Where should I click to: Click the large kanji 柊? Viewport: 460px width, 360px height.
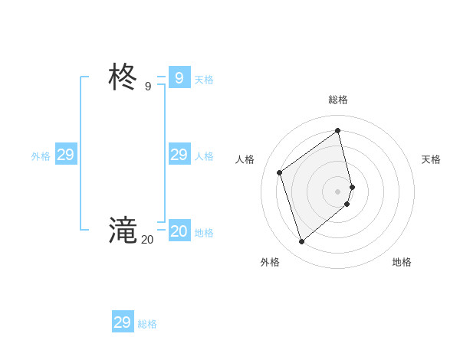(123, 77)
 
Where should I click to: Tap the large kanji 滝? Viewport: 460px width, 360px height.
(123, 230)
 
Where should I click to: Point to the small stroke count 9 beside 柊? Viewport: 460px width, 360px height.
(148, 87)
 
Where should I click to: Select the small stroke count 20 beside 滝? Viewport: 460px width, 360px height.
(147, 240)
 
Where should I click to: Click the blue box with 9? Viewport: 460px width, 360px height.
(179, 77)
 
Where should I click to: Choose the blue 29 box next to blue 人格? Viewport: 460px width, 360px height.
(179, 155)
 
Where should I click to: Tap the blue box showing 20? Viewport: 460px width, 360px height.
(179, 231)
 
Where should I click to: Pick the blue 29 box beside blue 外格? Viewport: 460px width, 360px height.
(65, 155)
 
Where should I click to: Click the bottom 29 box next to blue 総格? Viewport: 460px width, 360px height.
(122, 322)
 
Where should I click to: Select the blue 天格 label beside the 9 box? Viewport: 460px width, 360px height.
(204, 80)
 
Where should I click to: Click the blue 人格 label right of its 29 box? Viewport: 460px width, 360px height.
(204, 156)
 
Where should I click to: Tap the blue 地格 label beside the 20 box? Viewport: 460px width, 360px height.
(204, 233)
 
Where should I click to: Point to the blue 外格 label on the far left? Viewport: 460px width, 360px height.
(41, 156)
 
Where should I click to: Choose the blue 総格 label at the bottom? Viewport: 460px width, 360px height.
(147, 324)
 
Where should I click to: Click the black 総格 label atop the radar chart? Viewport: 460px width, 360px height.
(338, 100)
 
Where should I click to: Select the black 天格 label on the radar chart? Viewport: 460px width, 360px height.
(431, 159)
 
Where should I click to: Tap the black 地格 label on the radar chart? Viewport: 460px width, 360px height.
(402, 262)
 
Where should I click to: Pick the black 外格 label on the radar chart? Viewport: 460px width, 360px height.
(270, 262)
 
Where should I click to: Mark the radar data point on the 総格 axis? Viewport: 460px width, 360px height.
(338, 130)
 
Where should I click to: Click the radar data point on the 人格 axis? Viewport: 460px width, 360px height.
(279, 172)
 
